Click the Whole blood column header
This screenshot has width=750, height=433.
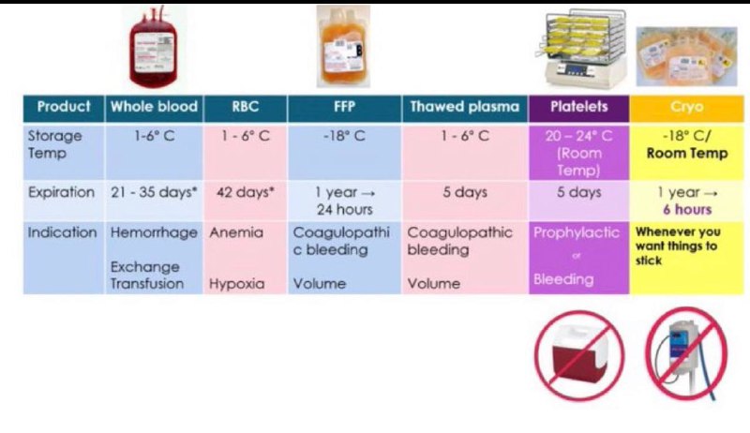pyautogui.click(x=154, y=107)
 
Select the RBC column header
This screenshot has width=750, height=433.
pyautogui.click(x=245, y=107)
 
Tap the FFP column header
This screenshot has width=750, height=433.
pyautogui.click(x=344, y=107)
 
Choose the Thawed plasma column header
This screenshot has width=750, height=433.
pyautogui.click(x=464, y=107)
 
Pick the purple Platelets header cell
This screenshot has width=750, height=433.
pyautogui.click(x=578, y=109)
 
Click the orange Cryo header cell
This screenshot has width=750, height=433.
pyautogui.click(x=687, y=109)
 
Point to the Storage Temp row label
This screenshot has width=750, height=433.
pyautogui.click(x=54, y=144)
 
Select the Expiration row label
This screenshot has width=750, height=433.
pyautogui.click(x=61, y=192)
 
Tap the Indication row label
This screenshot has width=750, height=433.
pyautogui.click(x=62, y=232)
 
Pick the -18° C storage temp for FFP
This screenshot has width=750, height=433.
pyautogui.click(x=344, y=136)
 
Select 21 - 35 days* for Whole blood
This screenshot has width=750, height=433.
pyautogui.click(x=154, y=192)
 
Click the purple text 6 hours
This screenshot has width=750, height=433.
pyautogui.click(x=687, y=209)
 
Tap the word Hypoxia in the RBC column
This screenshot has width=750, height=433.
pyautogui.click(x=237, y=283)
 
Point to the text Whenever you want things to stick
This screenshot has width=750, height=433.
pyautogui.click(x=678, y=246)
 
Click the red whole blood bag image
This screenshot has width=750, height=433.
pyautogui.click(x=153, y=48)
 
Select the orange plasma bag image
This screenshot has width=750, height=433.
pyautogui.click(x=343, y=47)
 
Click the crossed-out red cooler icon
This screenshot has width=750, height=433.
pyautogui.click(x=579, y=355)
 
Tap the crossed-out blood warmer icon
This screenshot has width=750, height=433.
pyautogui.click(x=686, y=353)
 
